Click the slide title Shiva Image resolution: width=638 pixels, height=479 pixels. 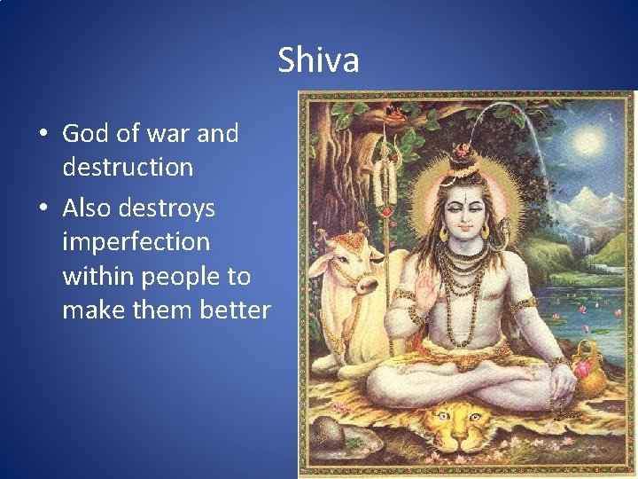coord(318,60)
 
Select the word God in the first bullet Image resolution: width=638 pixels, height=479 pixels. coord(85,134)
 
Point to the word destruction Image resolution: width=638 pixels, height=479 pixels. coord(128,167)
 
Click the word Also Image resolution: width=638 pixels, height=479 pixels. coord(88,208)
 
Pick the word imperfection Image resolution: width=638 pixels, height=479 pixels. coord(136,242)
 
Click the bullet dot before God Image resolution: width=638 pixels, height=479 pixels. coord(43,135)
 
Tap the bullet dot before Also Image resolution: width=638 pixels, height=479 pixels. coord(43,209)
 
